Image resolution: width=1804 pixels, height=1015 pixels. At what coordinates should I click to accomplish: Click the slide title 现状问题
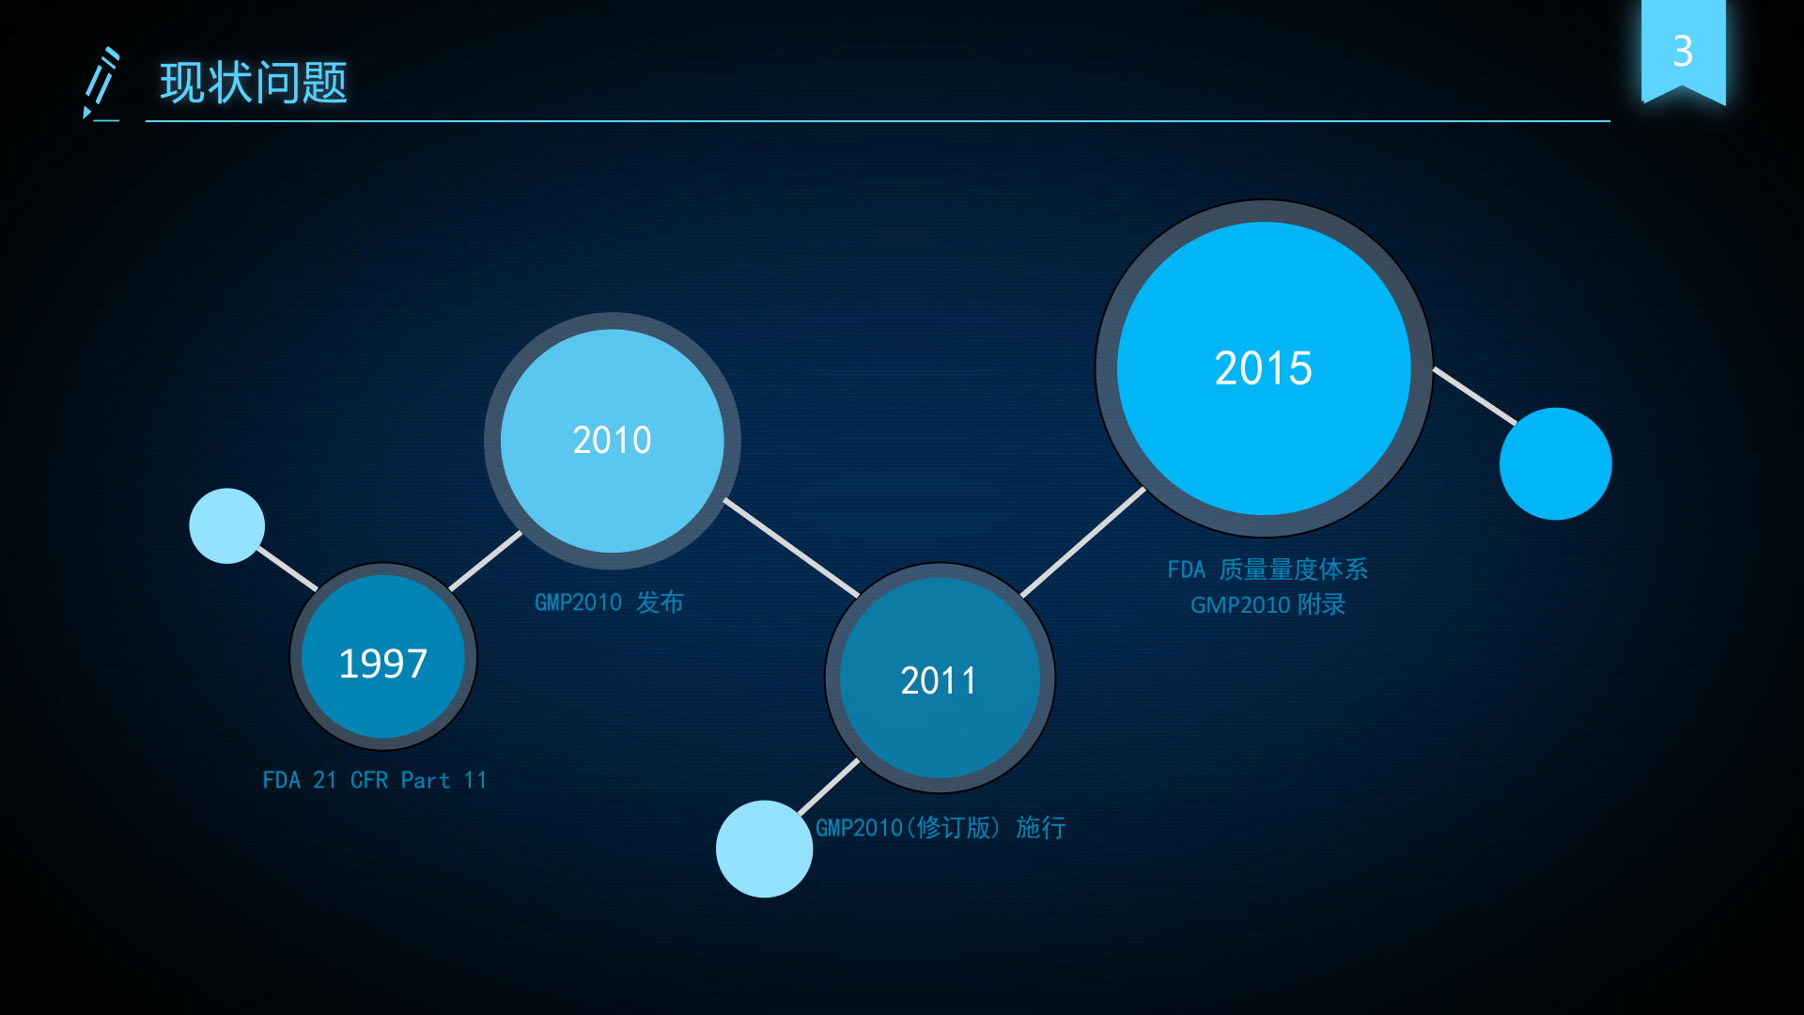254,83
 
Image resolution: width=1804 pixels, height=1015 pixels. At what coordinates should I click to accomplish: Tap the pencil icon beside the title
101,85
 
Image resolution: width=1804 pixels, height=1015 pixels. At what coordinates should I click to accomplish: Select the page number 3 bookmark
1683,52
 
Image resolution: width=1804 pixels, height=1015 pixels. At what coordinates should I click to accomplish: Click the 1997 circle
383,656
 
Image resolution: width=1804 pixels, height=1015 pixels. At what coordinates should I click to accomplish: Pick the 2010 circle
612,441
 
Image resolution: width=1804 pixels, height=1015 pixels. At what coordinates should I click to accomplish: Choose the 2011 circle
940,678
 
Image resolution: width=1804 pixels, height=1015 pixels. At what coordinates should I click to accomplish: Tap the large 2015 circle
1264,368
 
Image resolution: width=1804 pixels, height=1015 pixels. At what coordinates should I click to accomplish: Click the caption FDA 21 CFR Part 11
375,780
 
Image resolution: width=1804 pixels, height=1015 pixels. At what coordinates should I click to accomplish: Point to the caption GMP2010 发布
609,602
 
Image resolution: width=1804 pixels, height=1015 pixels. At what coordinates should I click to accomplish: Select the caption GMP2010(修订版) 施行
941,827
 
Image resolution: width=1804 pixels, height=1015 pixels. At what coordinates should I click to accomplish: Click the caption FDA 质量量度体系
1267,570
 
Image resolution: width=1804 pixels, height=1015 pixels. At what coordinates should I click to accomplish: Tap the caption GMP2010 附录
1267,604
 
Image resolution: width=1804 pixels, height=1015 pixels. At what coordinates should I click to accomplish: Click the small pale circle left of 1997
227,525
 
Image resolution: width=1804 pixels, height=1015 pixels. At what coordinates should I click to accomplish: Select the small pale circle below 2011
764,849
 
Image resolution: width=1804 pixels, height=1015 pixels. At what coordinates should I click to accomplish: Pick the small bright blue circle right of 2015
1556,463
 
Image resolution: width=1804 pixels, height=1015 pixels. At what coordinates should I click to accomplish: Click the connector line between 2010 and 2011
791,547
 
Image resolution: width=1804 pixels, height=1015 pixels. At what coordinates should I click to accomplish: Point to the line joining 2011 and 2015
1083,542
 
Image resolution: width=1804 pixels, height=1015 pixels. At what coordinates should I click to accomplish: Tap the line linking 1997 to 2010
485,561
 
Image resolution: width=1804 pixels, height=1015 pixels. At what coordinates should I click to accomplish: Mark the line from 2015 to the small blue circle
1475,396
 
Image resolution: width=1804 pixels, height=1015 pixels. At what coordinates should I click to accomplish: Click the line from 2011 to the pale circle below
829,787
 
